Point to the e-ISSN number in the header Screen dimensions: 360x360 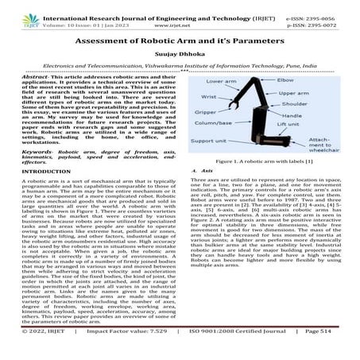[x=319, y=7]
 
